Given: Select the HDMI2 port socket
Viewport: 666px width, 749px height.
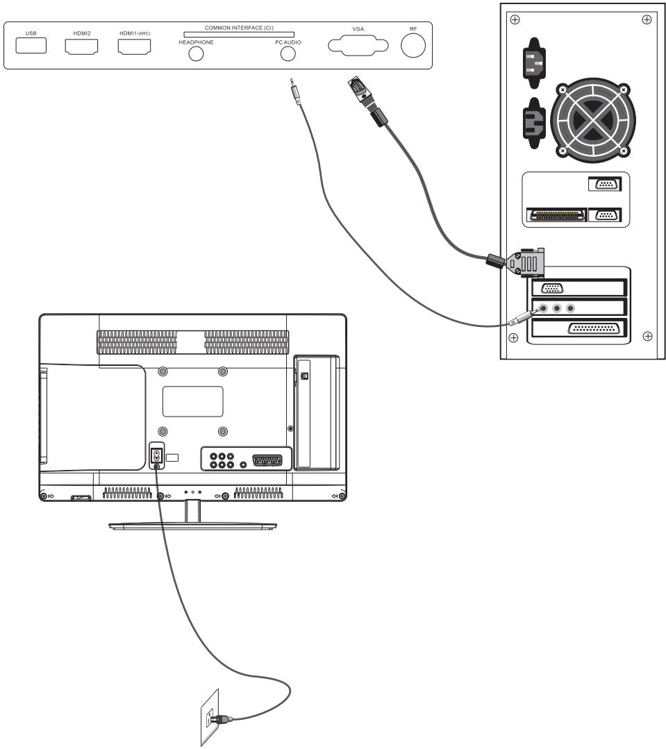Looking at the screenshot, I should click(x=81, y=47).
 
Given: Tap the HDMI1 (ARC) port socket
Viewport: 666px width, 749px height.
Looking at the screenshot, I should click(x=135, y=47).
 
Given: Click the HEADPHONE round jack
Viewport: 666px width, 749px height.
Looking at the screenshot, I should click(x=197, y=55).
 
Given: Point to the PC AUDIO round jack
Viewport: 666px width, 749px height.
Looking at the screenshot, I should click(x=288, y=55).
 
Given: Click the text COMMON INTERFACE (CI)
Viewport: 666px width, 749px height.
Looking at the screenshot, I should click(x=239, y=27).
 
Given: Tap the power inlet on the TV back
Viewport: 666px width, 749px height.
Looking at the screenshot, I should click(x=157, y=456).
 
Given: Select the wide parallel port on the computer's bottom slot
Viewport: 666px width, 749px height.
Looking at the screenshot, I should click(x=597, y=329).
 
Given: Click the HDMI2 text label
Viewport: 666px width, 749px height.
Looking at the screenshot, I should click(x=81, y=32).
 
